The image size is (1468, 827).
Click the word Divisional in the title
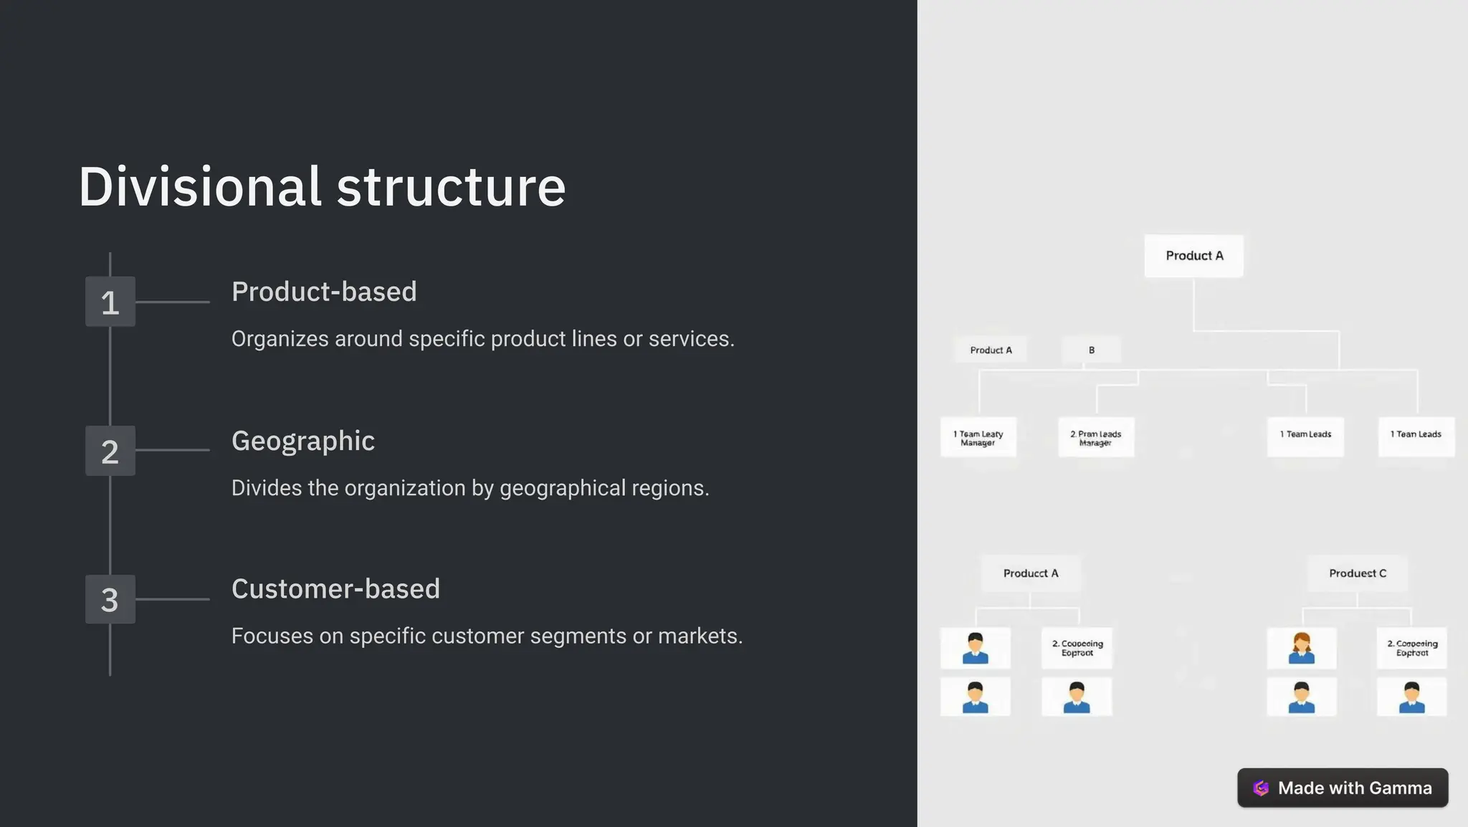point(199,187)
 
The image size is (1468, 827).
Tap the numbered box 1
point(110,302)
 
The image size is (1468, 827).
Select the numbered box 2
point(110,451)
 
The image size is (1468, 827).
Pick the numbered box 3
point(110,600)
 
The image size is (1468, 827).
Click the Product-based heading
point(324,292)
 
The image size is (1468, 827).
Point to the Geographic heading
point(302,441)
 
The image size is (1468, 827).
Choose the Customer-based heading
point(335,589)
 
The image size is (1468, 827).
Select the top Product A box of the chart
point(1193,256)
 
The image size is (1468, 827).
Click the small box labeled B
point(1091,350)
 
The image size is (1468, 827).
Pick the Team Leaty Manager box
point(978,437)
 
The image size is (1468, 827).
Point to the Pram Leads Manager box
point(1096,437)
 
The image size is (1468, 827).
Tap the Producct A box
point(1030,573)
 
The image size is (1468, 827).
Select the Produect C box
point(1357,573)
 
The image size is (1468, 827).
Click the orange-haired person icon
point(1301,648)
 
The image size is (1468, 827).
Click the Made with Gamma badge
point(1343,788)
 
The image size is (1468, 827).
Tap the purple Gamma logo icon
point(1261,788)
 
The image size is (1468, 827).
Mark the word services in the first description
point(690,339)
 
